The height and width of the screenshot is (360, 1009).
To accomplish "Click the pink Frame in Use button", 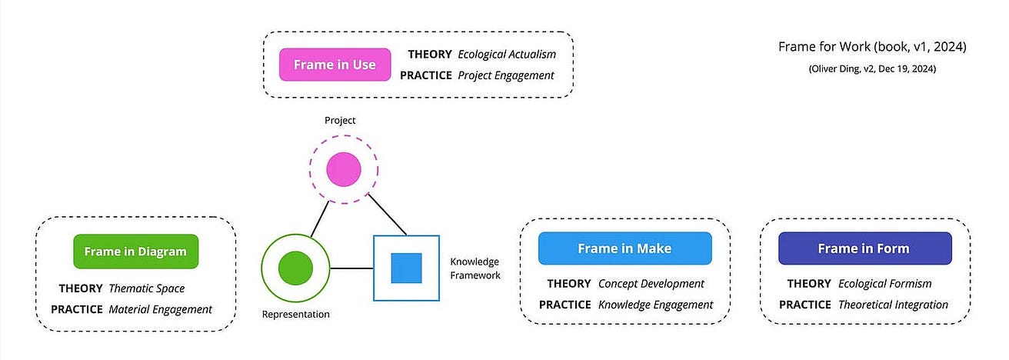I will pos(335,65).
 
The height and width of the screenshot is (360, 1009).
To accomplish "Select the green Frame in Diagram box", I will pos(135,251).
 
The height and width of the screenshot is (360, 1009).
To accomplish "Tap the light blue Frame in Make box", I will pos(624,248).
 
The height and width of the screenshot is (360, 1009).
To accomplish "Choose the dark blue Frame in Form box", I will pos(863,248).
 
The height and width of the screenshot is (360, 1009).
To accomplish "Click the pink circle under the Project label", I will pos(343,170).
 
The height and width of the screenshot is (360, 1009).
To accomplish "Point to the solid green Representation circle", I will pos(295,268).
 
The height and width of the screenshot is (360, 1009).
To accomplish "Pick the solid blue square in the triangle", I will pos(406,268).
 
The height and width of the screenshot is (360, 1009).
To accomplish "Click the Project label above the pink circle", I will pos(341,120).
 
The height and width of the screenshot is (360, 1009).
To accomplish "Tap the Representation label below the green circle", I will pos(295,314).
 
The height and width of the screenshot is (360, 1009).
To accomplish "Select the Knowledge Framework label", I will pos(475,268).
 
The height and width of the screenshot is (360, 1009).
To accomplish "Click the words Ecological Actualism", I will pos(506,55).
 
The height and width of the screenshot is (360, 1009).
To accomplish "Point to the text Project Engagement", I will pos(505,75).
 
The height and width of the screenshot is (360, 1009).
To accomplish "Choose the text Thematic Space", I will pos(147,288).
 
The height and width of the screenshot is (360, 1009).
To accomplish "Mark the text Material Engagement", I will pos(160,309).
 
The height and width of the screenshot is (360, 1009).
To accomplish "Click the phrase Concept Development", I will pos(651,284).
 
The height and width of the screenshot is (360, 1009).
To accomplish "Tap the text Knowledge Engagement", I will pos(655,305).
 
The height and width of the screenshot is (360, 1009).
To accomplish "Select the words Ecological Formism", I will pos(884,284).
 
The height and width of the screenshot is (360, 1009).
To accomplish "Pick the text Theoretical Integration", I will pos(893,305).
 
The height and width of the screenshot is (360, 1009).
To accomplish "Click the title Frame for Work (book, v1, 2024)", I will pos(872,48).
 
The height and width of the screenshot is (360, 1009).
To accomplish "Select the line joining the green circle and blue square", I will pos(351,268).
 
